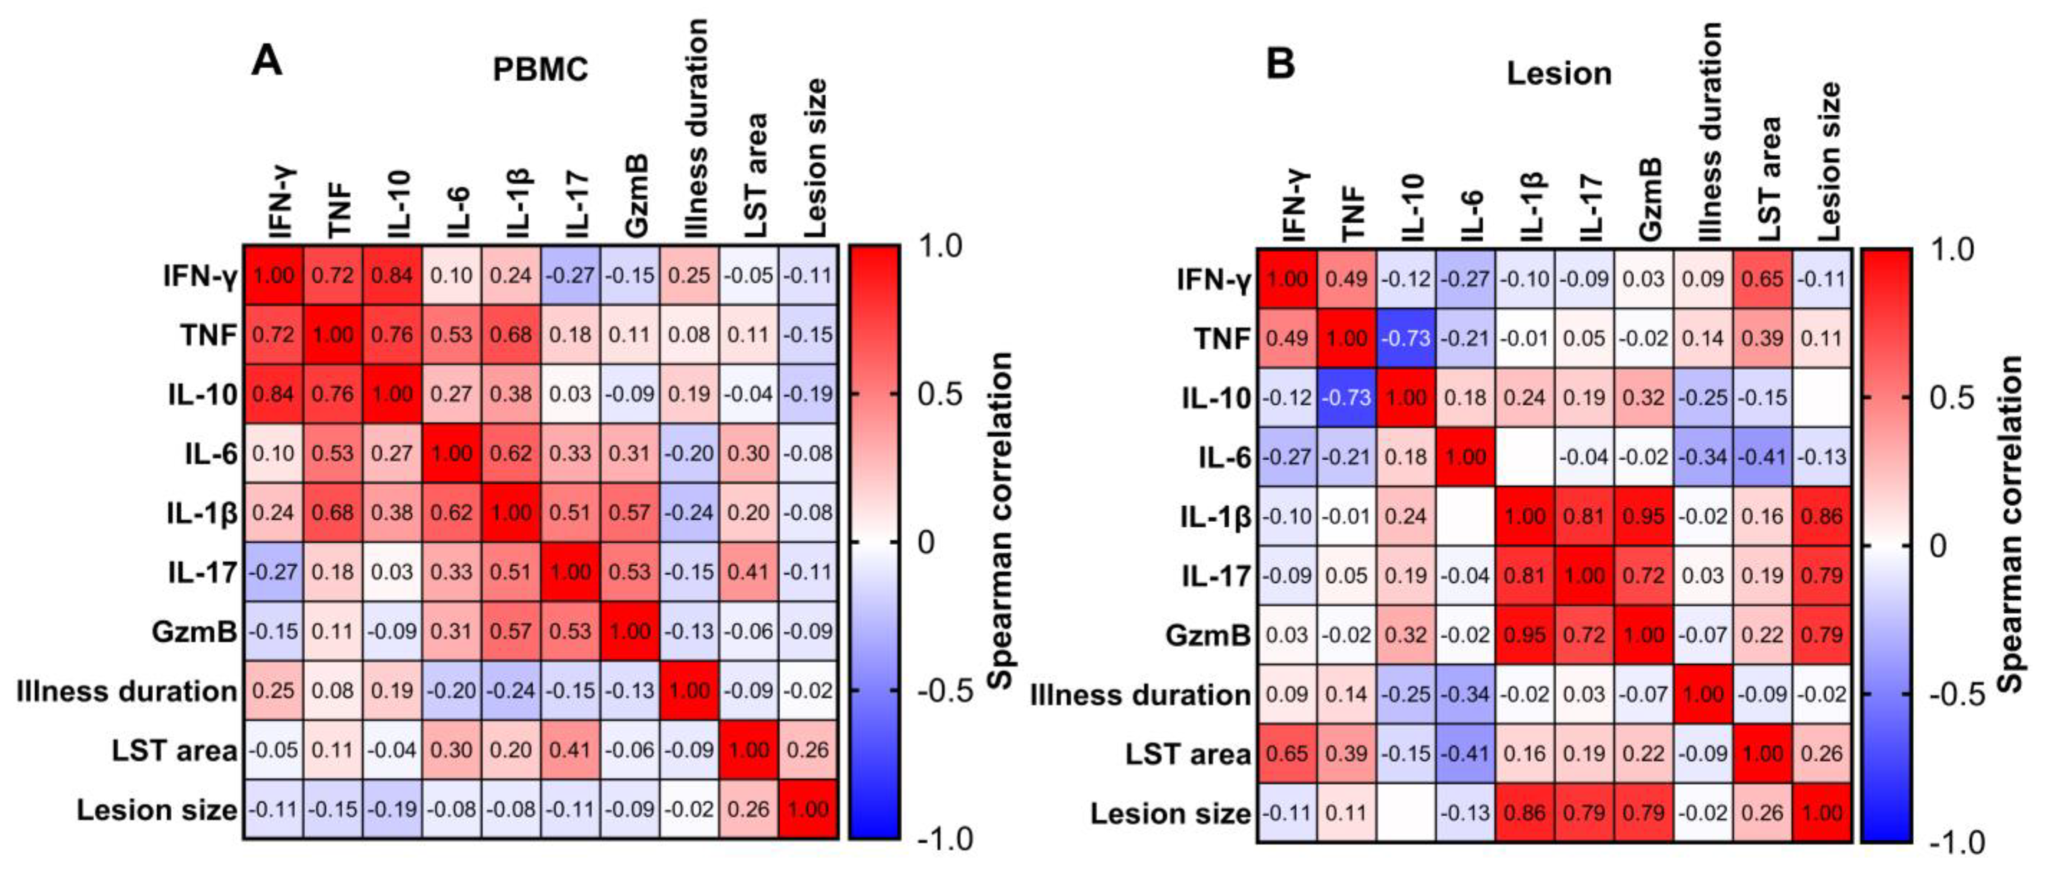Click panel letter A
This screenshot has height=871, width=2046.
tap(266, 61)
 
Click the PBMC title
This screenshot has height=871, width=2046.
tap(540, 70)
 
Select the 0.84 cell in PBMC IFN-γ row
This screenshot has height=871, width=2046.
tap(392, 276)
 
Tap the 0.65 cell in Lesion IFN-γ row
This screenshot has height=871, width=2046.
tap(1762, 279)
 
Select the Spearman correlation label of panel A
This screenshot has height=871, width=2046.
tap(1002, 520)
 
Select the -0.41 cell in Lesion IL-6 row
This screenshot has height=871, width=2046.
tap(1762, 457)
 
